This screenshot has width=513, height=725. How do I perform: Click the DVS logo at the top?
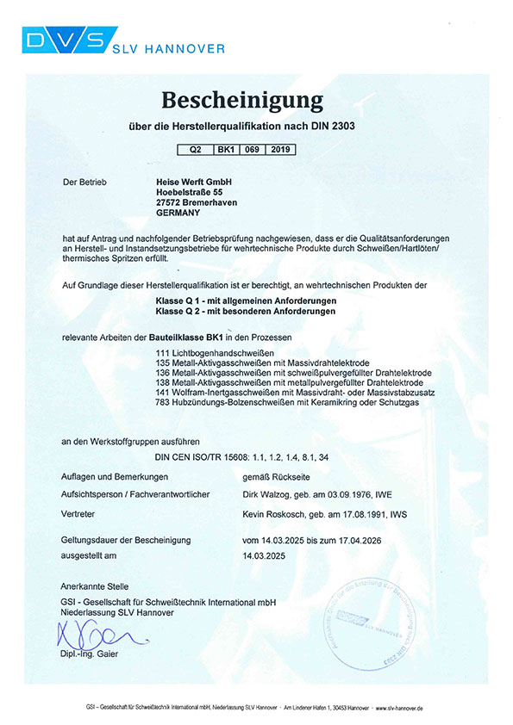(x=65, y=40)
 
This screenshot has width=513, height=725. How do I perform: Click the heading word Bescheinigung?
(x=255, y=97)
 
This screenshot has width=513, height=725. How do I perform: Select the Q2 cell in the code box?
(x=195, y=149)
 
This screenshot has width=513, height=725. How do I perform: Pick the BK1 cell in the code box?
(x=228, y=149)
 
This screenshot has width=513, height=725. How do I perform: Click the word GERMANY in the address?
(x=178, y=213)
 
